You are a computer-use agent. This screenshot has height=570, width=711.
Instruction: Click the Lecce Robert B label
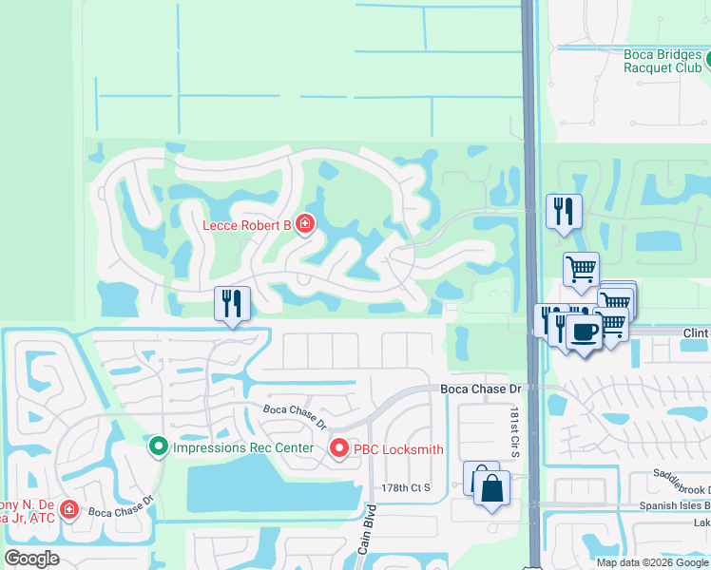(245, 225)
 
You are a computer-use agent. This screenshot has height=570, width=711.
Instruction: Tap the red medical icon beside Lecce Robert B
(305, 224)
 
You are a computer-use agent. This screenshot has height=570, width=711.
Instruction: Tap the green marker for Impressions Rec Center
(159, 445)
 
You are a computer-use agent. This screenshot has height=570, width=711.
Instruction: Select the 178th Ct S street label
(407, 487)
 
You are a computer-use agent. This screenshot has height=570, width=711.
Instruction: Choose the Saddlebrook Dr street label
(681, 481)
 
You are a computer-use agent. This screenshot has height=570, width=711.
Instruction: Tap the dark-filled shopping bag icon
(491, 489)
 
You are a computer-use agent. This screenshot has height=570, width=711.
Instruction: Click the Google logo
(31, 558)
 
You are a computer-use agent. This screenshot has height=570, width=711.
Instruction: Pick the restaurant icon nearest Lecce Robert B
(232, 303)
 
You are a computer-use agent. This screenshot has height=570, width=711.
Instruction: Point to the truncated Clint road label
(696, 333)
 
